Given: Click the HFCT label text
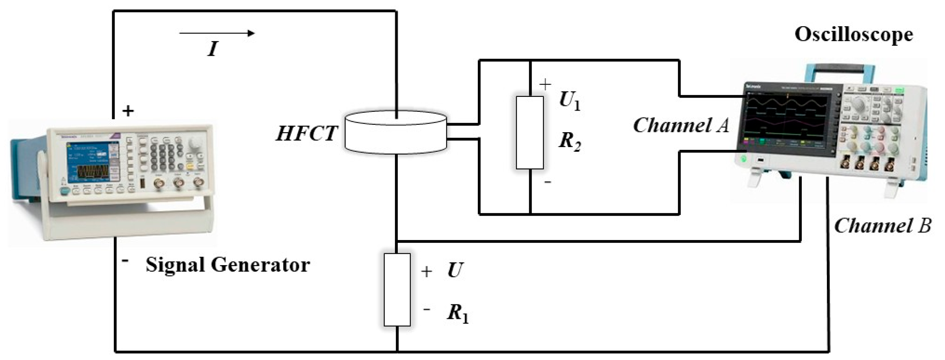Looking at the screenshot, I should click(306, 133).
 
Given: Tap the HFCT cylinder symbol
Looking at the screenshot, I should click(395, 132).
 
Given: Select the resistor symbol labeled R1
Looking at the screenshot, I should click(397, 290).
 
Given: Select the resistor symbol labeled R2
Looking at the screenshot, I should click(530, 133).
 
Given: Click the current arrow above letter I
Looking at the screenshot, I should click(217, 33).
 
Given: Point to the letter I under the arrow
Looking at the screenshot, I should click(213, 49).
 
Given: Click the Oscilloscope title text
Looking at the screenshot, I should click(854, 35).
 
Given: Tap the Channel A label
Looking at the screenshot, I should click(681, 126).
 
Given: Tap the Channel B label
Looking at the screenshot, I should click(882, 226).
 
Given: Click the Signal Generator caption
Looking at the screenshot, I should click(228, 265).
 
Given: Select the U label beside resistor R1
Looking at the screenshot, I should click(455, 270).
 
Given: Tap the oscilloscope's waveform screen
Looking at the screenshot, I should click(788, 120).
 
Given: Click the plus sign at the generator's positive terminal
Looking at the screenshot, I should click(128, 111).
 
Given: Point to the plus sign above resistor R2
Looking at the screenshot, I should click(545, 84).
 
